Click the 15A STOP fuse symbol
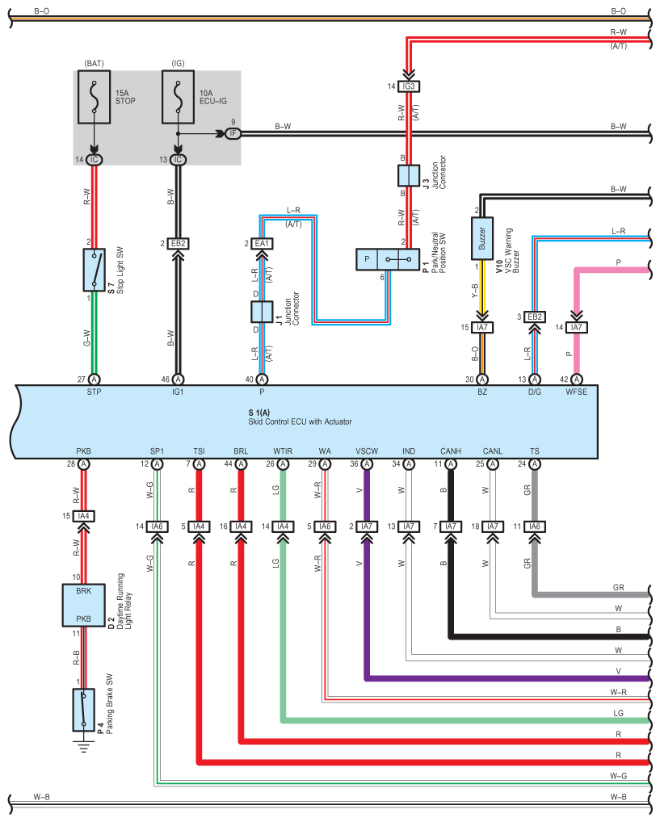95,95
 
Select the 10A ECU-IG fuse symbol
179,95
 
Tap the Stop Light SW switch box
95,270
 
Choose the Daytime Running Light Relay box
85,604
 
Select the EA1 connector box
262,242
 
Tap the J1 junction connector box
262,311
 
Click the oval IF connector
233,133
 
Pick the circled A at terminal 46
179,380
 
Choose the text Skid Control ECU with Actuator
300,421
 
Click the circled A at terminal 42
577,380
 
